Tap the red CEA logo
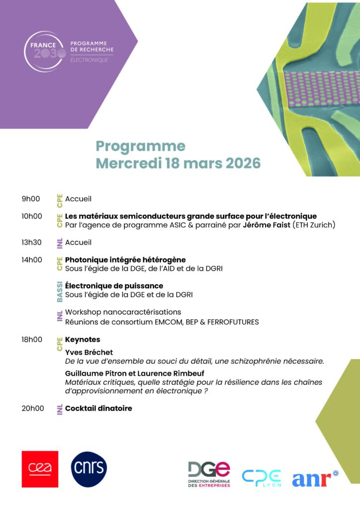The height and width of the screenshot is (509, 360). [x=40, y=469]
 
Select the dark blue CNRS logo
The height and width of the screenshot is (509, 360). [x=89, y=469]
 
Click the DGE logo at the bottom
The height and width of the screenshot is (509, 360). [x=209, y=474]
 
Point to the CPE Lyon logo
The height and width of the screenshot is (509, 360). [x=262, y=478]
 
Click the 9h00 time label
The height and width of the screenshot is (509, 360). [x=30, y=199]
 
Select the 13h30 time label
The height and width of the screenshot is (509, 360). [x=32, y=243]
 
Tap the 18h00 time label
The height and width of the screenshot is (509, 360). [x=32, y=339]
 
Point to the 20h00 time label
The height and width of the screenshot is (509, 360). [x=32, y=409]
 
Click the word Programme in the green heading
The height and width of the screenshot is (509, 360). [x=140, y=146]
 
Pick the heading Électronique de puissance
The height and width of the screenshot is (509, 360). [x=114, y=286]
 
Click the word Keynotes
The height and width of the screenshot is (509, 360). [x=83, y=339]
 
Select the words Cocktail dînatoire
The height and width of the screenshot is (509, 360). [x=98, y=409]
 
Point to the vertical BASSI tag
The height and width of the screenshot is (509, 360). [x=60, y=291]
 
